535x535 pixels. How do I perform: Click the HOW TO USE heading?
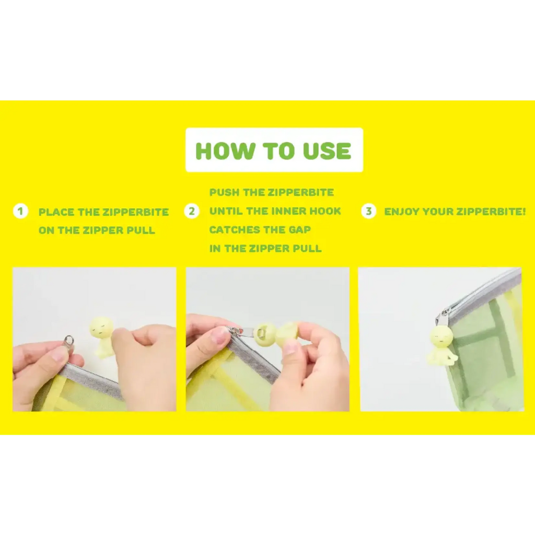point(273,151)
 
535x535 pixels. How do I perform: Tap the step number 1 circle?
point(20,211)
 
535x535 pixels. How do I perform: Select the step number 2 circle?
point(191,211)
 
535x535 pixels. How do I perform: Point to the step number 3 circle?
point(368,211)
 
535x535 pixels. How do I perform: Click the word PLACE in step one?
point(56,212)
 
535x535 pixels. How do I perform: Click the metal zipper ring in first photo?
point(68,340)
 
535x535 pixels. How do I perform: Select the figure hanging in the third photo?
point(443,347)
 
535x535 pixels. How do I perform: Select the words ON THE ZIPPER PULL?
point(97,230)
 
